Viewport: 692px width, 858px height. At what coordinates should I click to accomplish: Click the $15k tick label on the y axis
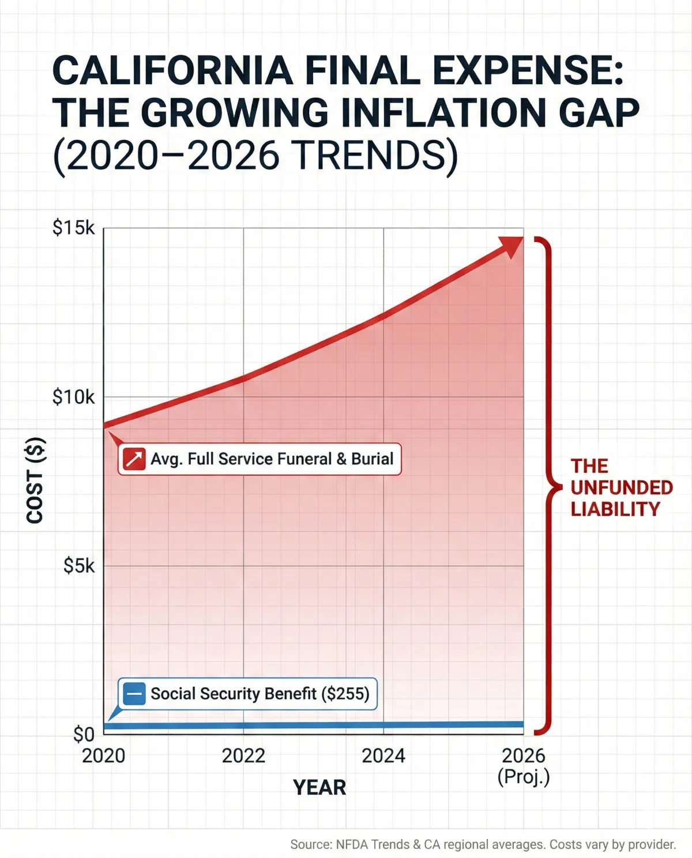[x=73, y=228]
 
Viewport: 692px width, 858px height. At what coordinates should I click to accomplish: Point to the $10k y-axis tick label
[x=73, y=397]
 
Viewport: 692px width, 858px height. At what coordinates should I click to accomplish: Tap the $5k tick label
[x=79, y=566]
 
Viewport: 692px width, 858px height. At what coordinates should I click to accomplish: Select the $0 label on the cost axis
[x=84, y=734]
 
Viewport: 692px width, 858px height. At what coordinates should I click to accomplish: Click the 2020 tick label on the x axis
[x=104, y=755]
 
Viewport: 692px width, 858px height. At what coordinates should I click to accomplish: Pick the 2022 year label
[x=243, y=755]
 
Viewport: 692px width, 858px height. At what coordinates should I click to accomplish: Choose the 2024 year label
[x=383, y=755]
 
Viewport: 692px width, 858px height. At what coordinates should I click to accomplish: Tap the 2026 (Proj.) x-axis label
[x=524, y=766]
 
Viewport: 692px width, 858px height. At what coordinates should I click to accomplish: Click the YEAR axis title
[x=319, y=787]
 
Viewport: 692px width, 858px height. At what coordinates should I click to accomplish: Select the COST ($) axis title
[x=36, y=481]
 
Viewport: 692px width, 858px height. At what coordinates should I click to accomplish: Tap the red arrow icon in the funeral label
[x=134, y=459]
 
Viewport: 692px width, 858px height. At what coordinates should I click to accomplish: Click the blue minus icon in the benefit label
[x=134, y=694]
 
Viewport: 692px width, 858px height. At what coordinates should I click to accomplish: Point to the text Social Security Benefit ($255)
[x=259, y=694]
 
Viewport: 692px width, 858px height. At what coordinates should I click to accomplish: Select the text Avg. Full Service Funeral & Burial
[x=272, y=459]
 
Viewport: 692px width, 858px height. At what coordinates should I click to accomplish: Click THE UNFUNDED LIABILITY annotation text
[x=621, y=487]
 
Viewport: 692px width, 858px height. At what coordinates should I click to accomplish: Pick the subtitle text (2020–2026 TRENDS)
[x=255, y=155]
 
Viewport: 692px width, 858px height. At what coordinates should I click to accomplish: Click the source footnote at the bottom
[x=483, y=845]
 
